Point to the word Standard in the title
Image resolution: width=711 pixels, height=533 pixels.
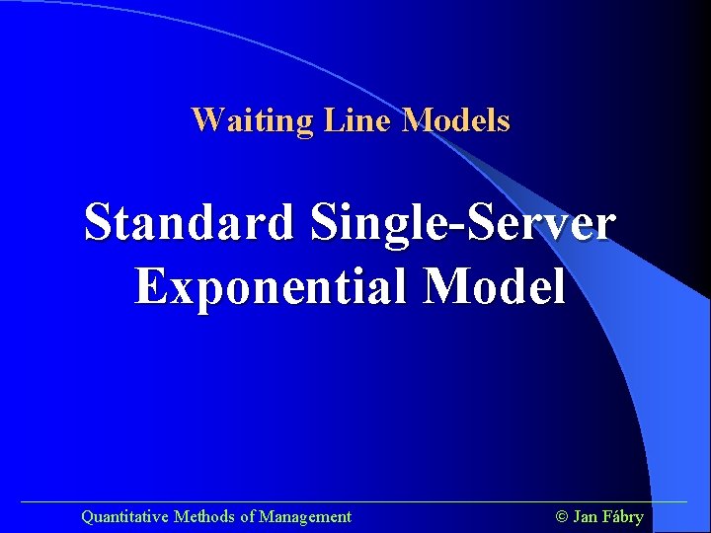tap(189, 222)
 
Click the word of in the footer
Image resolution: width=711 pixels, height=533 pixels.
tap(247, 516)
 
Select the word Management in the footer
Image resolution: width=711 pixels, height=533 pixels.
tap(305, 516)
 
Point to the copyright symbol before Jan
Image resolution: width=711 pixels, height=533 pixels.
tap(563, 516)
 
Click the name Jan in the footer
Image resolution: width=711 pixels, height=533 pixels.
tap(586, 516)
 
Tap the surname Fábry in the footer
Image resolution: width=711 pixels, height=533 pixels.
tap(624, 516)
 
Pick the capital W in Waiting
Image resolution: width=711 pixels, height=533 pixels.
tap(205, 120)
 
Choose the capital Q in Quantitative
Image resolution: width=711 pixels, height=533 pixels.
tap(87, 516)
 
